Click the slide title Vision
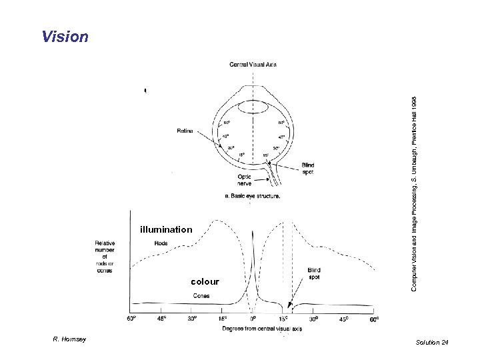click(x=65, y=36)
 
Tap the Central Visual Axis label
click(x=253, y=65)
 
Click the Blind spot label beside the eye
click(x=307, y=168)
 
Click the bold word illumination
click(x=166, y=230)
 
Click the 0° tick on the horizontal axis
click(x=253, y=319)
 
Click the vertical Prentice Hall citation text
click(x=413, y=192)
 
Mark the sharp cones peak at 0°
click(x=253, y=233)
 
